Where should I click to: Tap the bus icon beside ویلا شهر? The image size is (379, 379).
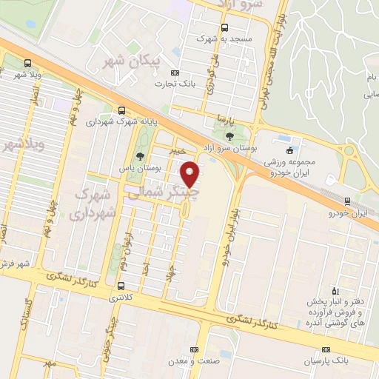tap(28, 63)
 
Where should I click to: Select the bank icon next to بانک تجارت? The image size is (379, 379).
tap(175, 73)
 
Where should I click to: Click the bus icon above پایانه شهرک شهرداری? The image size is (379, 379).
tap(110, 109)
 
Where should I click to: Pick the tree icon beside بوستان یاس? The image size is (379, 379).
tap(139, 155)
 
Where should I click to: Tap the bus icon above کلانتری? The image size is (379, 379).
tap(121, 286)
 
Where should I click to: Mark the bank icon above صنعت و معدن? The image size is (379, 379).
tap(194, 349)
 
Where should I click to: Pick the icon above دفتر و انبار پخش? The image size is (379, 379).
tap(335, 290)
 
